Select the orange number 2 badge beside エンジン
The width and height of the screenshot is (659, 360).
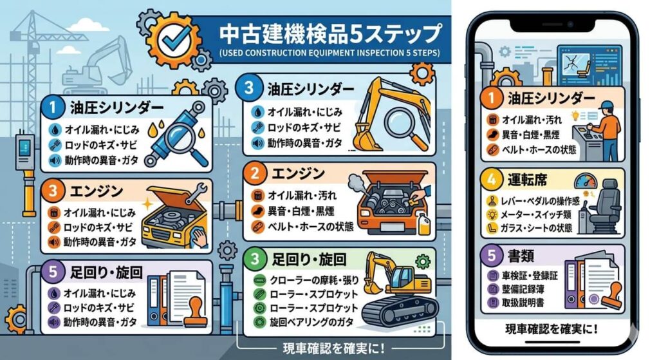tap(255, 173)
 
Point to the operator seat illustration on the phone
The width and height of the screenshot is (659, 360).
tap(604, 205)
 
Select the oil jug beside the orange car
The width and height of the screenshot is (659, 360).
tap(423, 223)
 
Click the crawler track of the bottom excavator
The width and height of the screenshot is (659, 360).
tap(396, 310)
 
